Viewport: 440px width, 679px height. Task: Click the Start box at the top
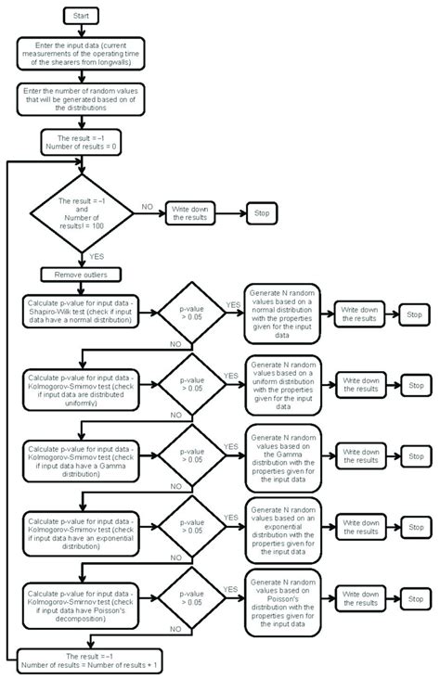(83, 16)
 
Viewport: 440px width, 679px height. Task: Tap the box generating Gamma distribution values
(283, 454)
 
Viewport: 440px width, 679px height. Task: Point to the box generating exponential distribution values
(283, 525)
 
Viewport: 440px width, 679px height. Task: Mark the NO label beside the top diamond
(147, 206)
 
